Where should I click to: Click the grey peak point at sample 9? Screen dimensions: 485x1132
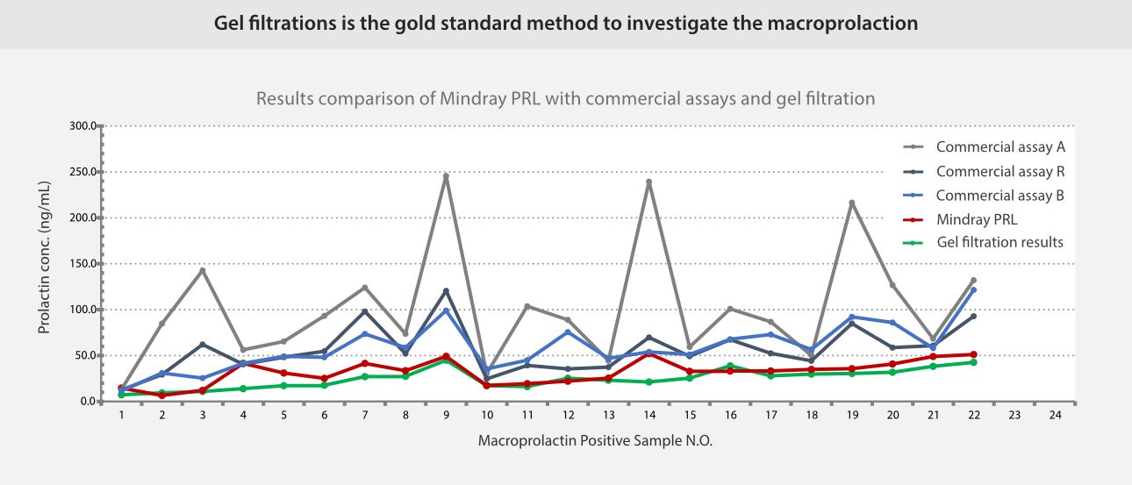click(x=446, y=176)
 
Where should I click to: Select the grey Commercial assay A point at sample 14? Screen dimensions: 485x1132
click(x=648, y=182)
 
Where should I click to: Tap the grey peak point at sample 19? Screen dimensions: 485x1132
click(x=851, y=203)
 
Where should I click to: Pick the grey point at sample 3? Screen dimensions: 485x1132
click(x=203, y=270)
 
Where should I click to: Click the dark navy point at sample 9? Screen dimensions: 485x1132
click(x=446, y=291)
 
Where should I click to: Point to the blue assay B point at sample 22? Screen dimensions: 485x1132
click(x=973, y=290)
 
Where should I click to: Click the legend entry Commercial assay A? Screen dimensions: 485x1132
click(x=999, y=146)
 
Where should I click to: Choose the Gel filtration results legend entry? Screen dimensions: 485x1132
click(x=999, y=242)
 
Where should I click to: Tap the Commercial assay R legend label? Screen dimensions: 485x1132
click(x=999, y=171)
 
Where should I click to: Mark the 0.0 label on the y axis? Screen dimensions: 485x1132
click(x=87, y=402)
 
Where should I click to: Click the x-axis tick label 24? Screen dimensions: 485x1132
click(x=1055, y=415)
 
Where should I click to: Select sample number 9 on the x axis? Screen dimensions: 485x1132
click(x=446, y=415)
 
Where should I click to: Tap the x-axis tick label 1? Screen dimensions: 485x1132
click(x=122, y=415)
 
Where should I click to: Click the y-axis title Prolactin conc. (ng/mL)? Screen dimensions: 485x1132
click(x=45, y=258)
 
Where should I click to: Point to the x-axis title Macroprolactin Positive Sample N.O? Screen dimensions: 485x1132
click(x=595, y=440)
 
